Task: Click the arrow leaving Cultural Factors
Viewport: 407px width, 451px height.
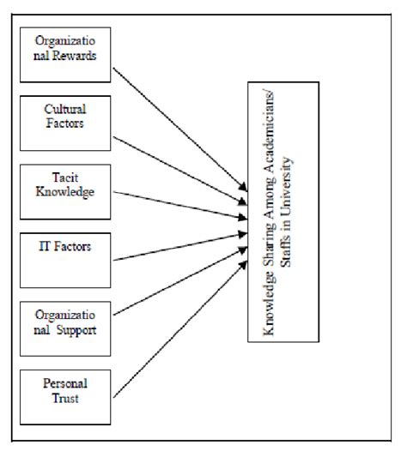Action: [x=180, y=166]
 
